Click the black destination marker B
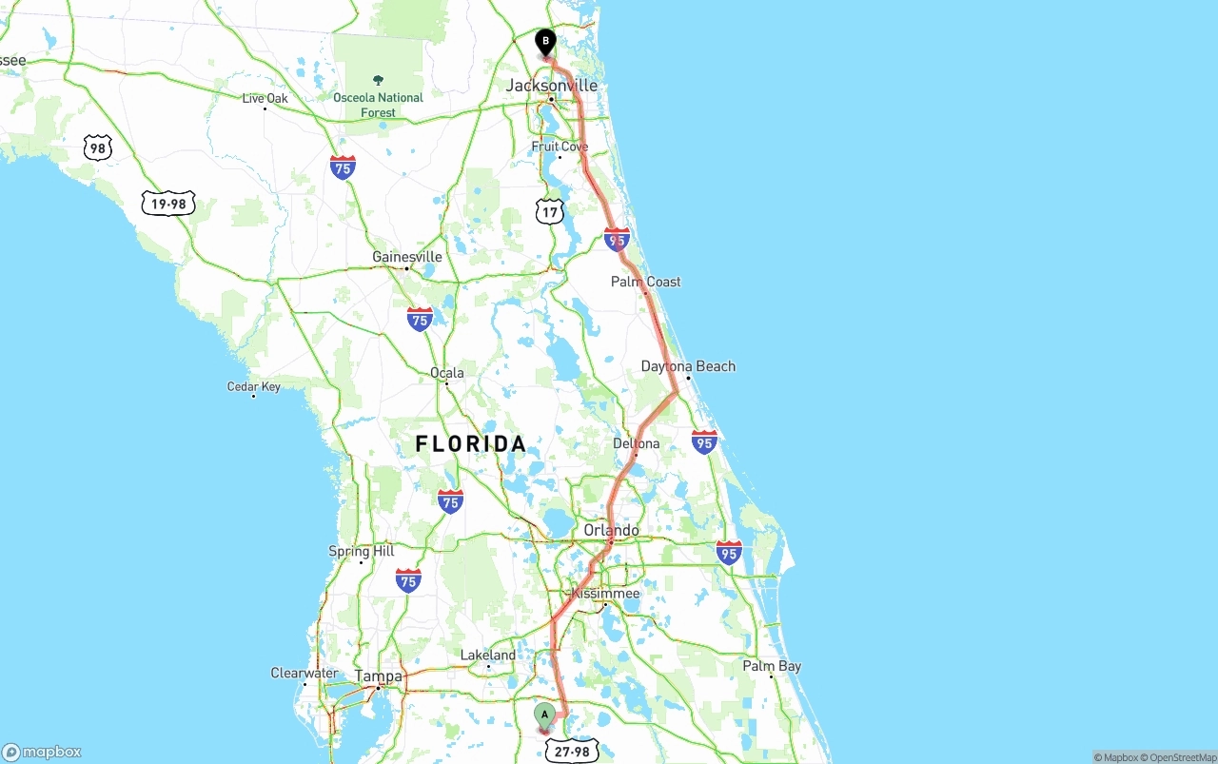[545, 42]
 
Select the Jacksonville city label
[551, 86]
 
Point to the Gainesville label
[407, 257]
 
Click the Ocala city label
[447, 372]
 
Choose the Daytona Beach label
[688, 366]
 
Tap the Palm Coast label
[646, 282]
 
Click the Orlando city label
[612, 530]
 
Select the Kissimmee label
[605, 594]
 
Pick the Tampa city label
[379, 676]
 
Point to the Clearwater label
[304, 673]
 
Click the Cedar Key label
[254, 386]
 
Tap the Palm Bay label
[772, 666]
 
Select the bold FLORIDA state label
[470, 443]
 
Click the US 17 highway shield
[550, 210]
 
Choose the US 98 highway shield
[97, 147]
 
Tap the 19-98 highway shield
[168, 203]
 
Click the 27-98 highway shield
[573, 752]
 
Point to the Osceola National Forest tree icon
[379, 81]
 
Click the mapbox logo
[42, 752]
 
